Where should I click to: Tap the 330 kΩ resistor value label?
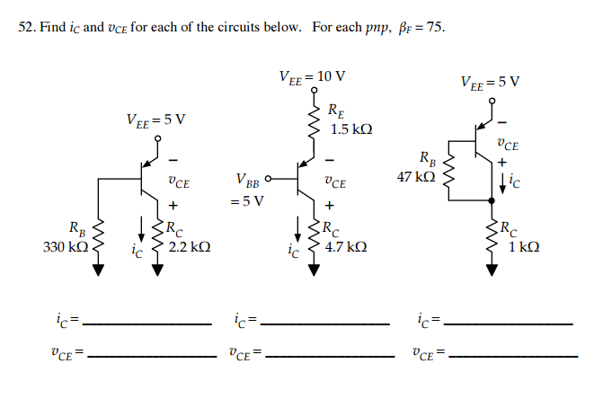pos(64,245)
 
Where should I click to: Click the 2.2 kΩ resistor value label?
pos(190,245)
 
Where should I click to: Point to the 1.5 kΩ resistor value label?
pos(351,129)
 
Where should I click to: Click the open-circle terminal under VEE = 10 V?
pos(315,91)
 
